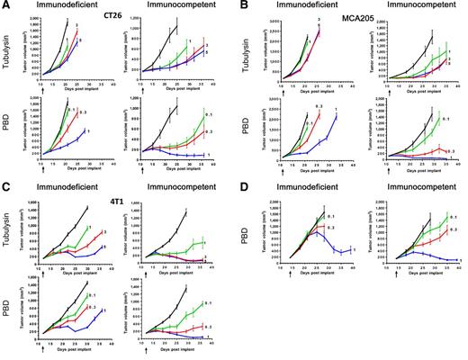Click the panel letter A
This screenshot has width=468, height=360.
(x=5, y=5)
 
